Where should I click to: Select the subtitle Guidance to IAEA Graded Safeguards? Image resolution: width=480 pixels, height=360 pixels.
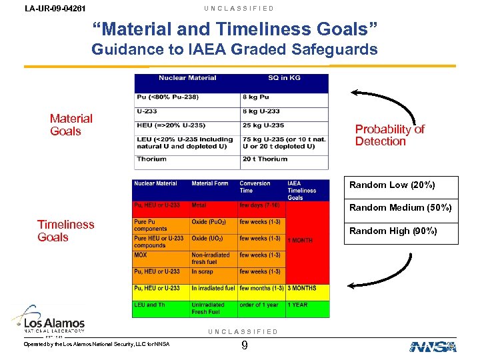(x=235, y=49)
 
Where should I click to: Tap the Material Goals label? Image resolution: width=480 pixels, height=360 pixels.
(x=71, y=125)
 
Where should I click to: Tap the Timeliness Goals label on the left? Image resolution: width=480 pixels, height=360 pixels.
(x=65, y=231)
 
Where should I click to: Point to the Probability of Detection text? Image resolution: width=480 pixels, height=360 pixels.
(x=389, y=135)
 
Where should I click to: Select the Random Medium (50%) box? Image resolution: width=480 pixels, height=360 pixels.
(x=400, y=207)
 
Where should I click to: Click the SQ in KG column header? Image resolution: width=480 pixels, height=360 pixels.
(x=284, y=78)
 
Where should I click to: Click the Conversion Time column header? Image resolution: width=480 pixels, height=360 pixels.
(x=255, y=187)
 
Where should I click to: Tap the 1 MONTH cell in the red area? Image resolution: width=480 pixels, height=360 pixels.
(x=300, y=240)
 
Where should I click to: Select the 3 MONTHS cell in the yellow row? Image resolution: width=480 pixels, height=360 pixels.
(x=302, y=289)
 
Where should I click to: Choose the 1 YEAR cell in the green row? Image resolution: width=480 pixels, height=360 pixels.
(x=297, y=305)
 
